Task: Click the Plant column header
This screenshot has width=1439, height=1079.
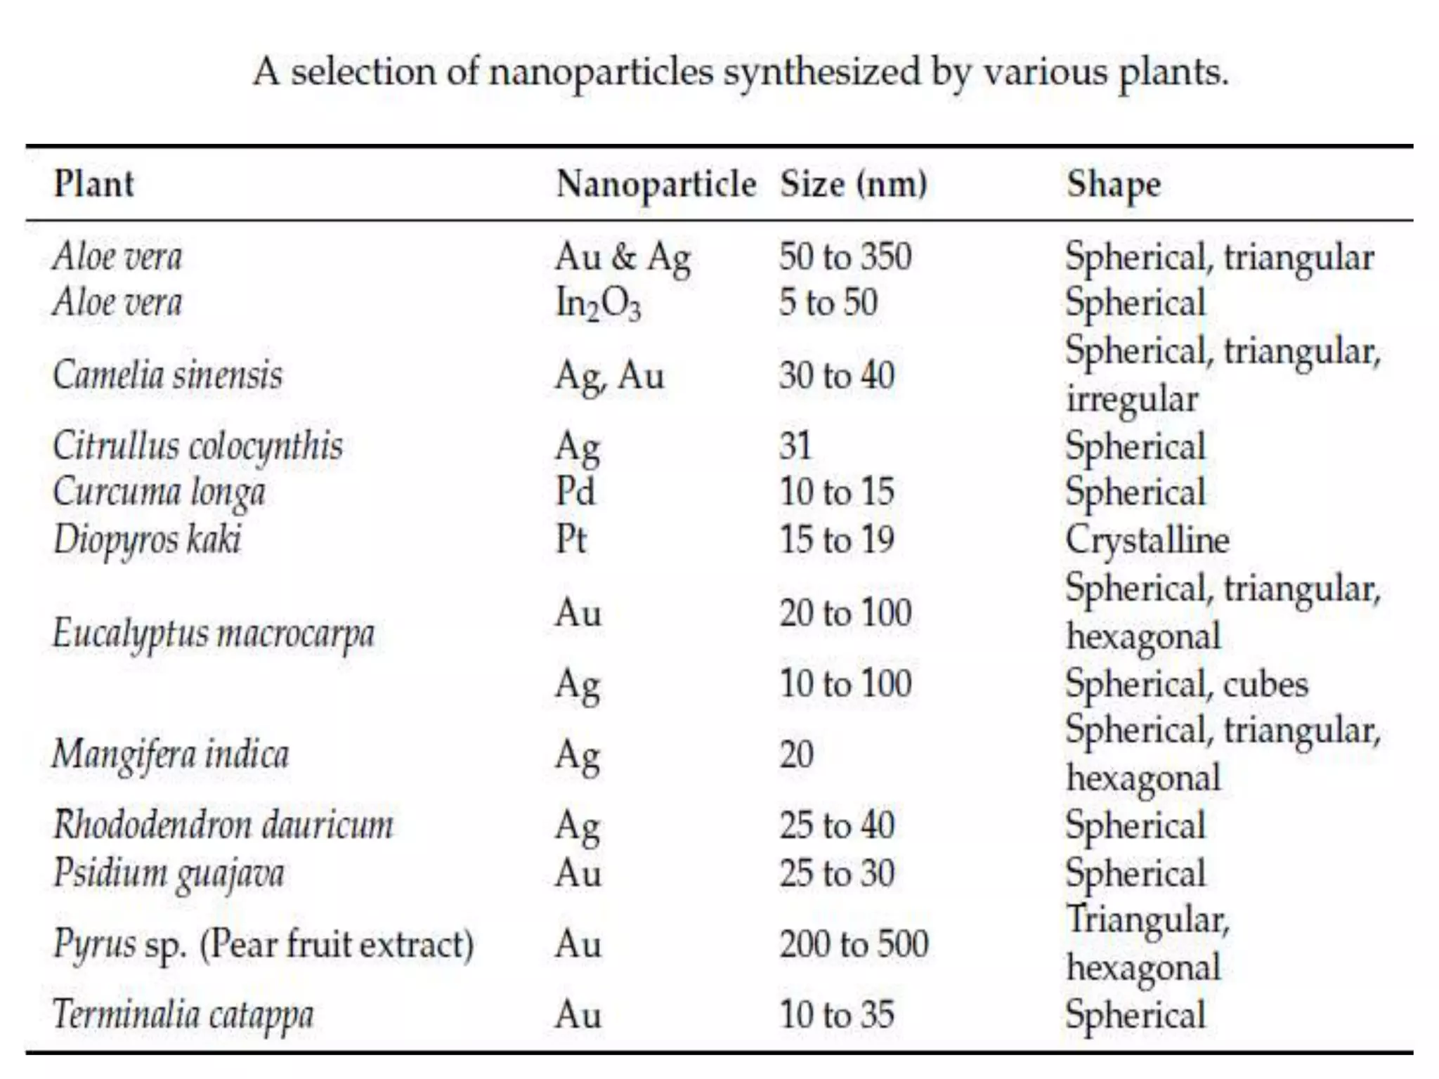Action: click(93, 185)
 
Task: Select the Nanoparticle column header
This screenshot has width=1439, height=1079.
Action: click(656, 185)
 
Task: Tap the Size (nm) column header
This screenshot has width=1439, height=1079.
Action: click(854, 185)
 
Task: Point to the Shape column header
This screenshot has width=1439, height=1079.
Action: click(1114, 185)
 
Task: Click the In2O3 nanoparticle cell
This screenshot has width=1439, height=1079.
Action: click(598, 304)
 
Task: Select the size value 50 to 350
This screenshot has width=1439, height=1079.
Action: click(845, 256)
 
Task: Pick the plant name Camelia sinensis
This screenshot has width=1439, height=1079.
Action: click(167, 375)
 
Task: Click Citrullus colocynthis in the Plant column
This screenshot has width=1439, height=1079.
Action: click(197, 447)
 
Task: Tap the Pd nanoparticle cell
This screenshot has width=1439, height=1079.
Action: click(575, 492)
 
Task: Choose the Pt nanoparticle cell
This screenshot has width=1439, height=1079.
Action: click(571, 539)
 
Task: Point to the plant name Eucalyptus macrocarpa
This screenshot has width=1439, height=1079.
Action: click(214, 634)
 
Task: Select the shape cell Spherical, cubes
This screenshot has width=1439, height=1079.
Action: click(1187, 684)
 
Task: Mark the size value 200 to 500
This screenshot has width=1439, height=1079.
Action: click(854, 943)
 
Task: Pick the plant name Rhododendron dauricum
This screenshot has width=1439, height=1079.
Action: click(223, 825)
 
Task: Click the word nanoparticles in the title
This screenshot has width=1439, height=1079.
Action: click(601, 73)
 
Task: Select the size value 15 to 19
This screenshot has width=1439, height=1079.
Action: click(837, 539)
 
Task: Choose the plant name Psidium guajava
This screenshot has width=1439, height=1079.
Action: click(169, 874)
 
